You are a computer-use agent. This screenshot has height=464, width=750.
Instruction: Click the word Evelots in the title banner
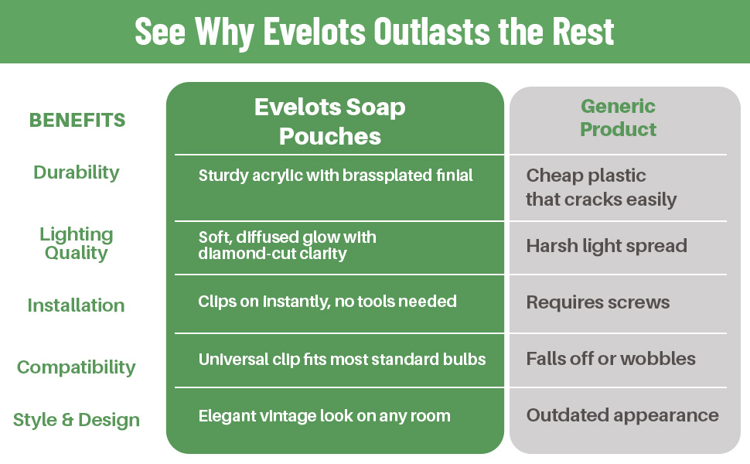pos(315,32)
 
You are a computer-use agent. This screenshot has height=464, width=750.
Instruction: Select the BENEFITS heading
pos(77,120)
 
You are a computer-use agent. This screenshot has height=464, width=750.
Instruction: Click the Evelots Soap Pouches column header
pos(330,121)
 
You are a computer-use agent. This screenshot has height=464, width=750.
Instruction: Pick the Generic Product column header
pos(618,118)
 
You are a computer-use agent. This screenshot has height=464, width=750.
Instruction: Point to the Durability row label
pos(77,172)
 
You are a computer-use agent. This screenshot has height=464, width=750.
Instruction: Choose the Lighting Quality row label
pos(77,244)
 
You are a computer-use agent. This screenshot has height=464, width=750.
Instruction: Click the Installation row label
pos(76,305)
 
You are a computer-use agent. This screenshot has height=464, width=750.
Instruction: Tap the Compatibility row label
pos(77,367)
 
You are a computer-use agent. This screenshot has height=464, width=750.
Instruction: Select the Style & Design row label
pos(77,420)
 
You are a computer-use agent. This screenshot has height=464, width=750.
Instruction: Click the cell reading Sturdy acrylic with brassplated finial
pos(336,176)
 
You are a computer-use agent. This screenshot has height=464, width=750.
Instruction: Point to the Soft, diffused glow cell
pos(287,245)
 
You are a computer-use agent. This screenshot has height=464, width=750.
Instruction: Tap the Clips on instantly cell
pos(327,302)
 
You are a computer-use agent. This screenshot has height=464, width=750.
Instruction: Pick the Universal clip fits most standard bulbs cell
pos(342,360)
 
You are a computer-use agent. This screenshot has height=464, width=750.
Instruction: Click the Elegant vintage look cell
pos(324,416)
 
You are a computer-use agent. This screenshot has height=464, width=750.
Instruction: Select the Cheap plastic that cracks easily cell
pos(602,187)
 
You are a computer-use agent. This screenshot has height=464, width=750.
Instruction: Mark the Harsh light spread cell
pos(606,246)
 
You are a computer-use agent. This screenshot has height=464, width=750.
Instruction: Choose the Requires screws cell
pos(598,302)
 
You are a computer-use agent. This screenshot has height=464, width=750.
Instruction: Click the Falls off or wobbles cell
pos(611,359)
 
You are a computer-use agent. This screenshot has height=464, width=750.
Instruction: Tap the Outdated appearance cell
pos(622,415)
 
